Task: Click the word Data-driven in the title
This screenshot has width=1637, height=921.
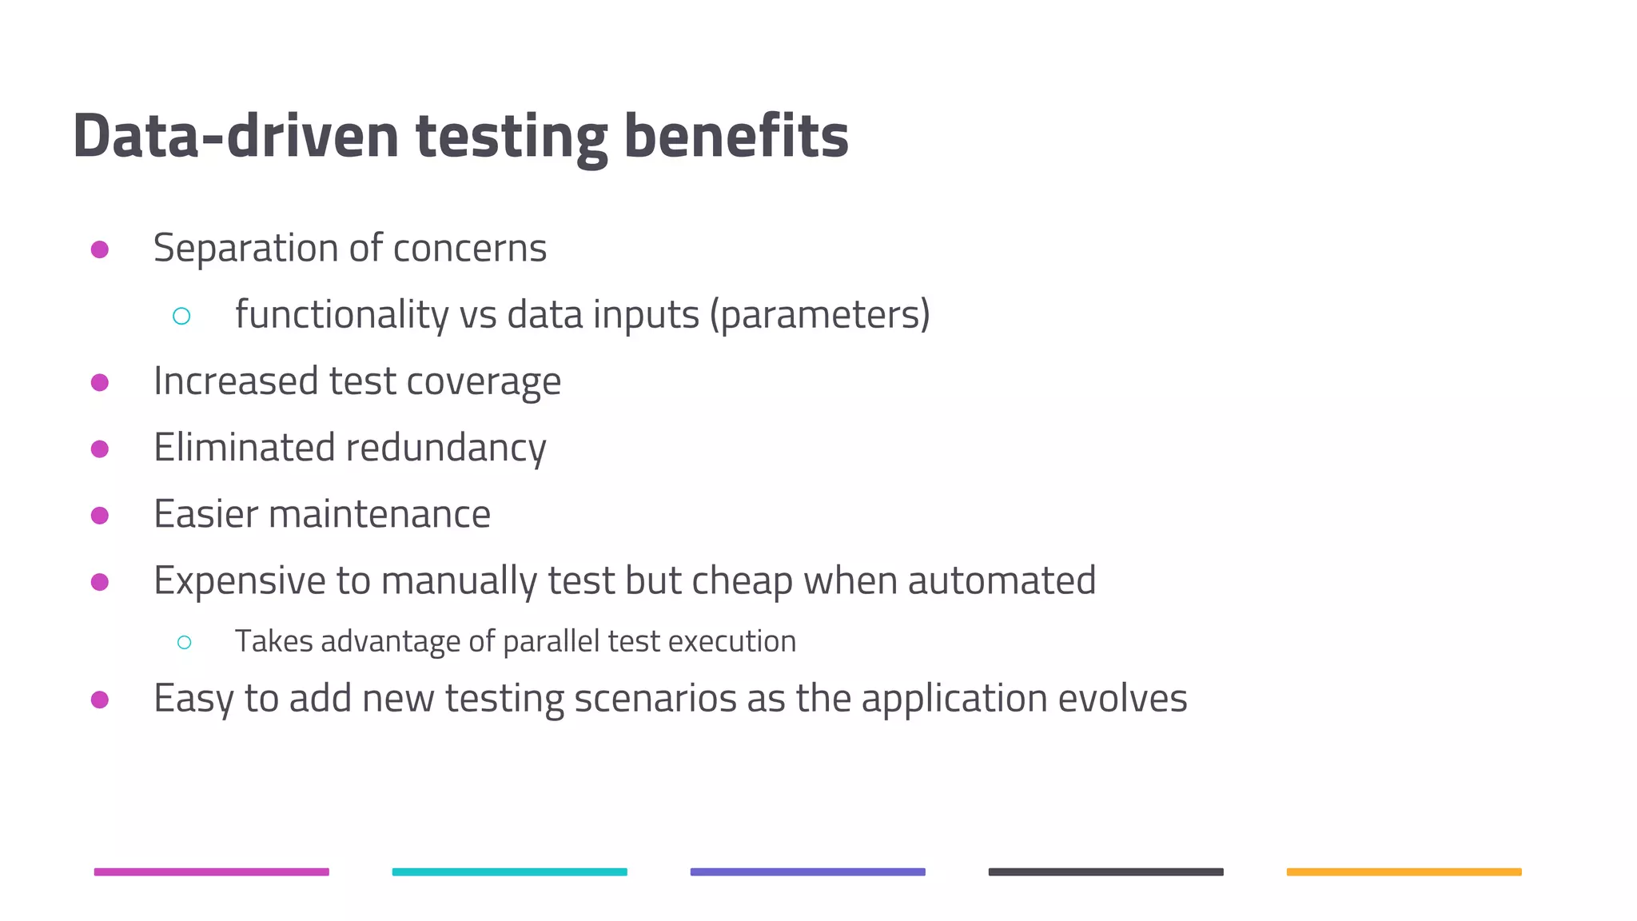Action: [235, 136]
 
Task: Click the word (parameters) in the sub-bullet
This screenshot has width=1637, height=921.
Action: [820, 315]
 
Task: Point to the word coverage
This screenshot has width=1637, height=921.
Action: [484, 381]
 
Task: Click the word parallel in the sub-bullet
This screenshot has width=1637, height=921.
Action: [552, 642]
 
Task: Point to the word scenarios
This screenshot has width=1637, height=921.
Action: [655, 699]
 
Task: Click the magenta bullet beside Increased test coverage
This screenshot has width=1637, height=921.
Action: [100, 383]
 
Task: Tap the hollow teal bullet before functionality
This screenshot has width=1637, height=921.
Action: [181, 317]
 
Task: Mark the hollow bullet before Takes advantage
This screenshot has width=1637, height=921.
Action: [185, 642]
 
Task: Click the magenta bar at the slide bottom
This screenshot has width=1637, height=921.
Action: [212, 871]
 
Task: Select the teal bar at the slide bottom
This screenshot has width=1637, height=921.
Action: [509, 871]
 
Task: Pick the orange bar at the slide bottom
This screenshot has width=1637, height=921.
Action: [1404, 871]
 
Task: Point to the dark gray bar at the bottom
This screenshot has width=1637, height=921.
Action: [1105, 871]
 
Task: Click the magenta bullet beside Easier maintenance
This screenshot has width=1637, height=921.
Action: [100, 516]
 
